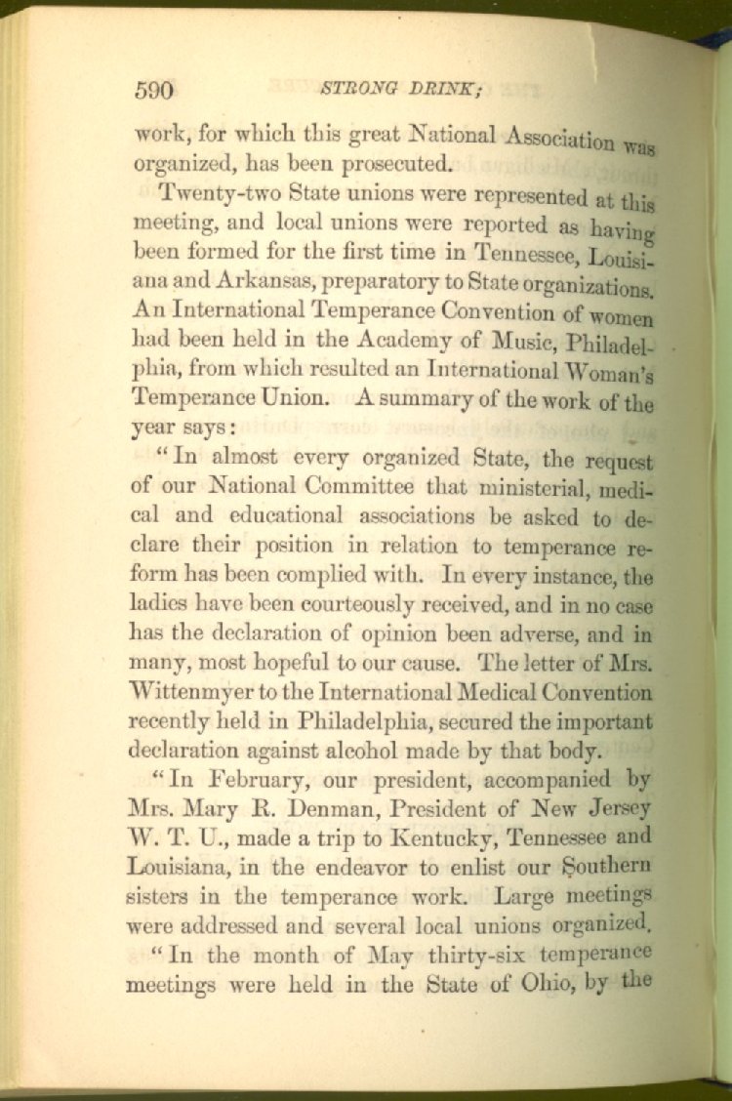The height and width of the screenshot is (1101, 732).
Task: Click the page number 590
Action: (153, 91)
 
